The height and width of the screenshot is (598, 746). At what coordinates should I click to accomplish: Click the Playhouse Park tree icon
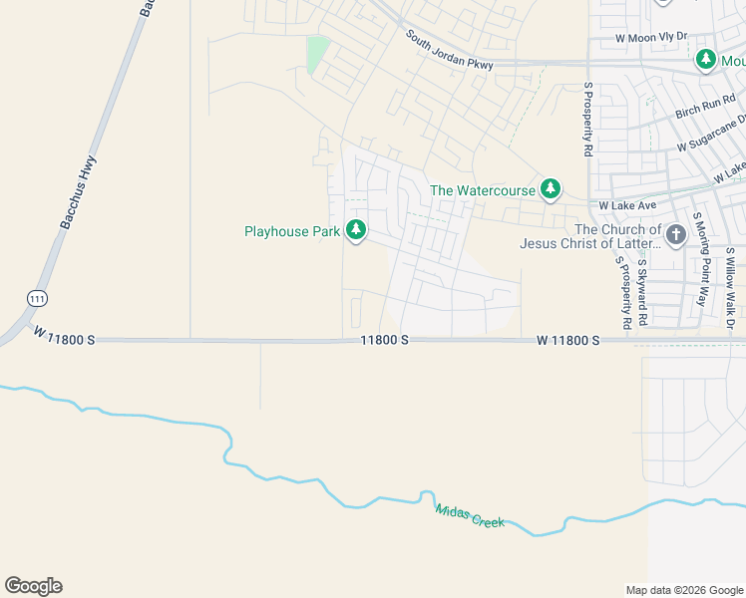pos(356,231)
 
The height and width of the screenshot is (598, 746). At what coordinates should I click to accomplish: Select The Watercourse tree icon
pos(550,188)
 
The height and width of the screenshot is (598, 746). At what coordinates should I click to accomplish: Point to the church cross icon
pos(676,235)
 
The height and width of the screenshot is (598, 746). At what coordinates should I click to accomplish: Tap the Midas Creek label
pos(470,515)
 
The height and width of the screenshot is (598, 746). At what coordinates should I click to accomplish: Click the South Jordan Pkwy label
pos(450,51)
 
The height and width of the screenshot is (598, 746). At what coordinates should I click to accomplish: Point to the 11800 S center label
pos(385,340)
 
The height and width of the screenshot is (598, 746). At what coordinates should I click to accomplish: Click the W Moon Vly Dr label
pos(651,37)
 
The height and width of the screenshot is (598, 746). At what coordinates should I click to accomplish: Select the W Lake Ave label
pos(626,205)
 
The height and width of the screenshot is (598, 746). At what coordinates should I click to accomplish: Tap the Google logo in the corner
pos(33,586)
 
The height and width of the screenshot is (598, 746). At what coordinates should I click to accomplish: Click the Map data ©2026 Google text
pos(683,590)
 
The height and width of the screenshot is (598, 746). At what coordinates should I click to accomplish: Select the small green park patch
pos(317,54)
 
